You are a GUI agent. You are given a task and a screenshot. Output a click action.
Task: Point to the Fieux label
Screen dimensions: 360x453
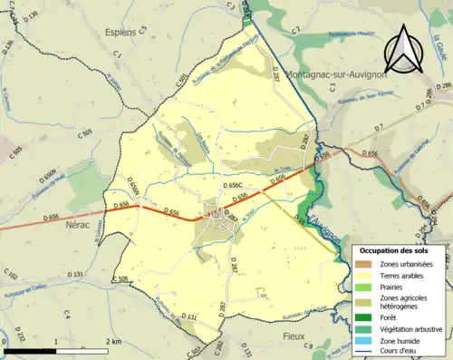321,336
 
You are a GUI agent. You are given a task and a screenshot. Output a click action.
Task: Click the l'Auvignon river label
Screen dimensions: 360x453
323,219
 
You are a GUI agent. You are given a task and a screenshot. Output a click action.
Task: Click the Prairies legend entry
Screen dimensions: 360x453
392,287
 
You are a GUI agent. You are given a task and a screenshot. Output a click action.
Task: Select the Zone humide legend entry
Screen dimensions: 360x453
400,338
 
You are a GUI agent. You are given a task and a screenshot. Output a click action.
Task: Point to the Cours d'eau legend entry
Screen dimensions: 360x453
400,349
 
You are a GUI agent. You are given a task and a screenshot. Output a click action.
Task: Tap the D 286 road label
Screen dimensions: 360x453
443,84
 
